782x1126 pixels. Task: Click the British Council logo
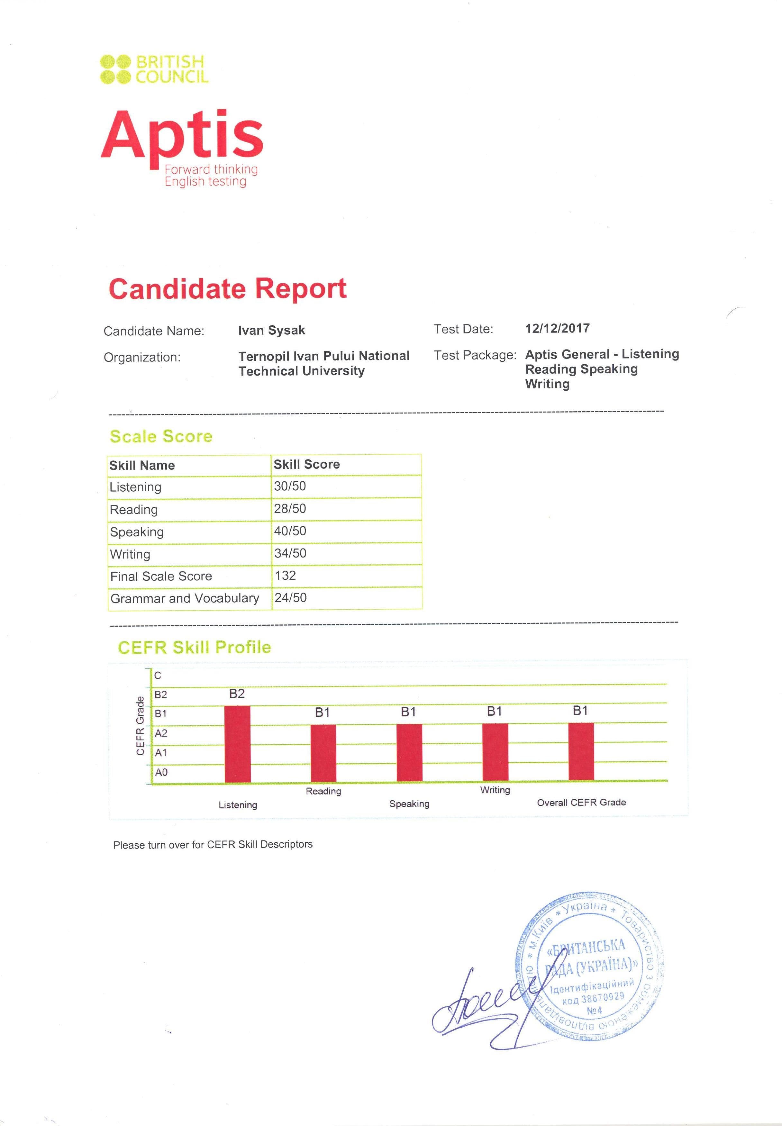tap(154, 69)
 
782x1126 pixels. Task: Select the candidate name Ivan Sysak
tap(271, 330)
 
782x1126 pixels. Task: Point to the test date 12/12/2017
tap(557, 328)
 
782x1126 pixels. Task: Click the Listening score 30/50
tap(290, 486)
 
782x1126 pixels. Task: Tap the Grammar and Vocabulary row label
tap(185, 598)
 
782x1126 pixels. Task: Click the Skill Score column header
tap(307, 464)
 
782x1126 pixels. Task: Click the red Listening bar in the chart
tap(237, 744)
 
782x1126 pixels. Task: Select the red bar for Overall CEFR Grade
tap(581, 752)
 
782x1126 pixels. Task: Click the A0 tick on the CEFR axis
tap(161, 772)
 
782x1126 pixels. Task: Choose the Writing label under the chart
tap(495, 790)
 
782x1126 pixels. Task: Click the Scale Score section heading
tap(161, 436)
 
